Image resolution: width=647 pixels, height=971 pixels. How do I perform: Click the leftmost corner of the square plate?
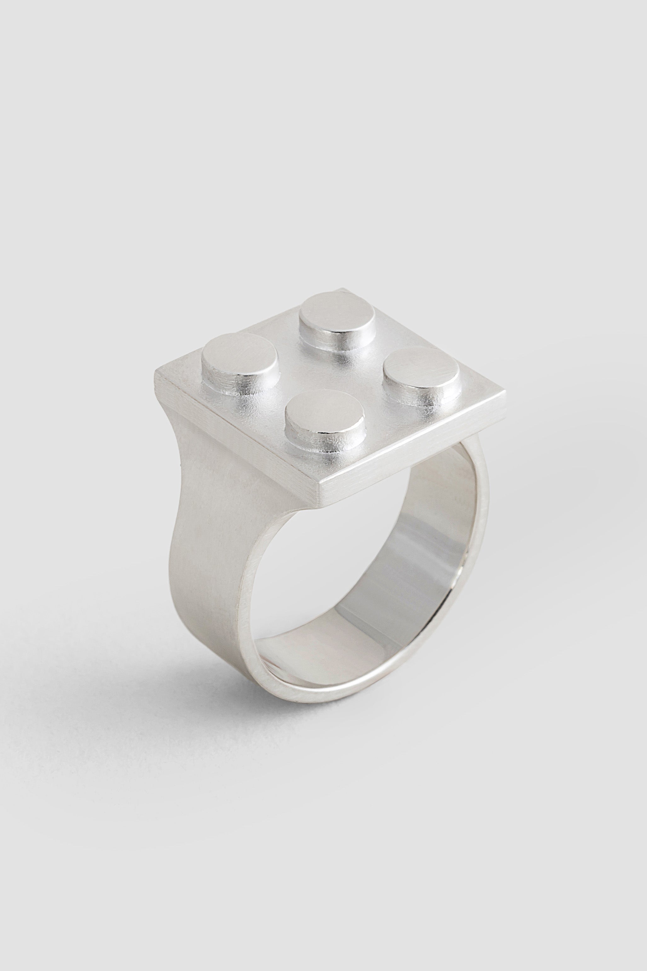(156, 372)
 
